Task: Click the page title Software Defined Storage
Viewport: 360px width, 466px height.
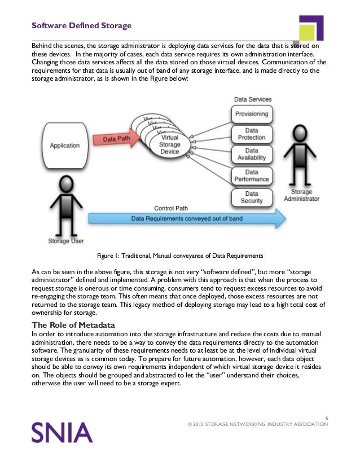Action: point(81,25)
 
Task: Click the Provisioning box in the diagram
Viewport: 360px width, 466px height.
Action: point(252,114)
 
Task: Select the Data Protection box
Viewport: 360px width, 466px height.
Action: point(252,134)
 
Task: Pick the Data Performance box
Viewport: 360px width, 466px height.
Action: point(252,176)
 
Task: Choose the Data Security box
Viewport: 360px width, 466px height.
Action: point(252,197)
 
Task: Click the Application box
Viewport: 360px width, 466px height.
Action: point(65,146)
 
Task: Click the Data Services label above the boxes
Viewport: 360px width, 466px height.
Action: point(252,99)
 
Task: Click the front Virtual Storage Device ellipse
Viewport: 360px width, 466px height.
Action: point(170,144)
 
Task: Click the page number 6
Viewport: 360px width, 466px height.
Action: point(327,417)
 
